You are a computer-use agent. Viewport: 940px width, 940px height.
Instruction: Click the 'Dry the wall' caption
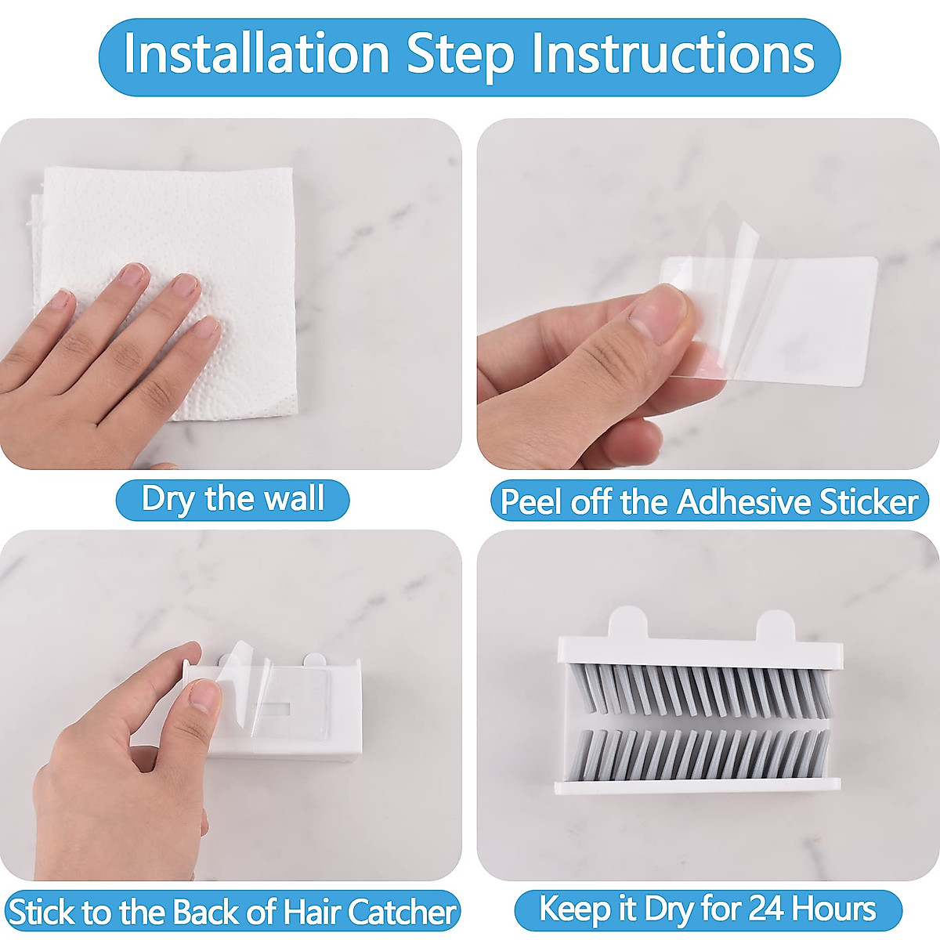(x=233, y=499)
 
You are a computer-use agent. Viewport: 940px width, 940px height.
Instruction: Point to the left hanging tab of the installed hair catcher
(x=627, y=623)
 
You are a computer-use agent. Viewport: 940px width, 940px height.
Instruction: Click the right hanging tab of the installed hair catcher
(x=776, y=625)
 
